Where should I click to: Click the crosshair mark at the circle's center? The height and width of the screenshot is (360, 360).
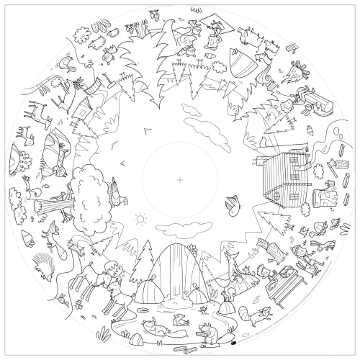(x=179, y=179)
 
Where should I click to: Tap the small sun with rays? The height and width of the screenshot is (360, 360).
(x=140, y=218)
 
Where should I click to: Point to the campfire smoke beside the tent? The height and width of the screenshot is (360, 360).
(x=287, y=71)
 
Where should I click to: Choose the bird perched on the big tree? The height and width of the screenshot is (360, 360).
(x=114, y=189)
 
